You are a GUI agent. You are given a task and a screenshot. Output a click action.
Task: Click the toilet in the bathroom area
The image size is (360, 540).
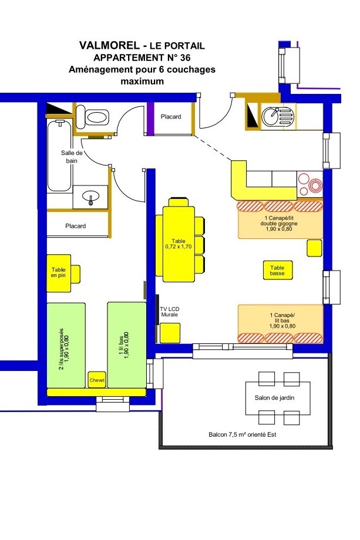[x=92, y=117]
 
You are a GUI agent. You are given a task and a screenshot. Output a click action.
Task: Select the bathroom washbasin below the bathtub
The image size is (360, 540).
[x=90, y=197]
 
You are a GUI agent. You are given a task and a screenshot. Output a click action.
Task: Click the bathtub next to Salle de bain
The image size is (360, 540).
[x=59, y=156]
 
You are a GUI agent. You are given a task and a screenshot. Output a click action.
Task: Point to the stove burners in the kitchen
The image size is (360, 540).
[x=310, y=185]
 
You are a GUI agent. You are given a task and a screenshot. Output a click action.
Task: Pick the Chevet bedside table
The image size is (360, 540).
[x=97, y=380]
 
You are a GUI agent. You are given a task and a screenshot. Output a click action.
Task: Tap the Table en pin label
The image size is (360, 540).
[x=59, y=272]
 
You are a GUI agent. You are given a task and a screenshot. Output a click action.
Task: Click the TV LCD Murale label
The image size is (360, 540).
[x=170, y=312]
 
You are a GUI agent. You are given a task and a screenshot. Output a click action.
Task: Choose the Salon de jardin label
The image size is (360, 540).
[x=274, y=398]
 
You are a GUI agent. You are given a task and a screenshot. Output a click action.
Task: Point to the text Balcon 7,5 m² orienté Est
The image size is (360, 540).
[x=242, y=434]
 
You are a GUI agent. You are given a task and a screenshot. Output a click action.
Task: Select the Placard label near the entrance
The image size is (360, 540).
[x=171, y=117]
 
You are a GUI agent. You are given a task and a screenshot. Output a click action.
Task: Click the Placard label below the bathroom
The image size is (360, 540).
[x=75, y=226]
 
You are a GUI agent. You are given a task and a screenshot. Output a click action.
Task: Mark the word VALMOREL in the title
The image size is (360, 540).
[x=110, y=45]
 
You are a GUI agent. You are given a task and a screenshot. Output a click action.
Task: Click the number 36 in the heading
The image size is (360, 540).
[x=186, y=57]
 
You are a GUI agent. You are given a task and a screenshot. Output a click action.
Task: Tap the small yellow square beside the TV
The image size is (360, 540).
[x=170, y=333]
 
